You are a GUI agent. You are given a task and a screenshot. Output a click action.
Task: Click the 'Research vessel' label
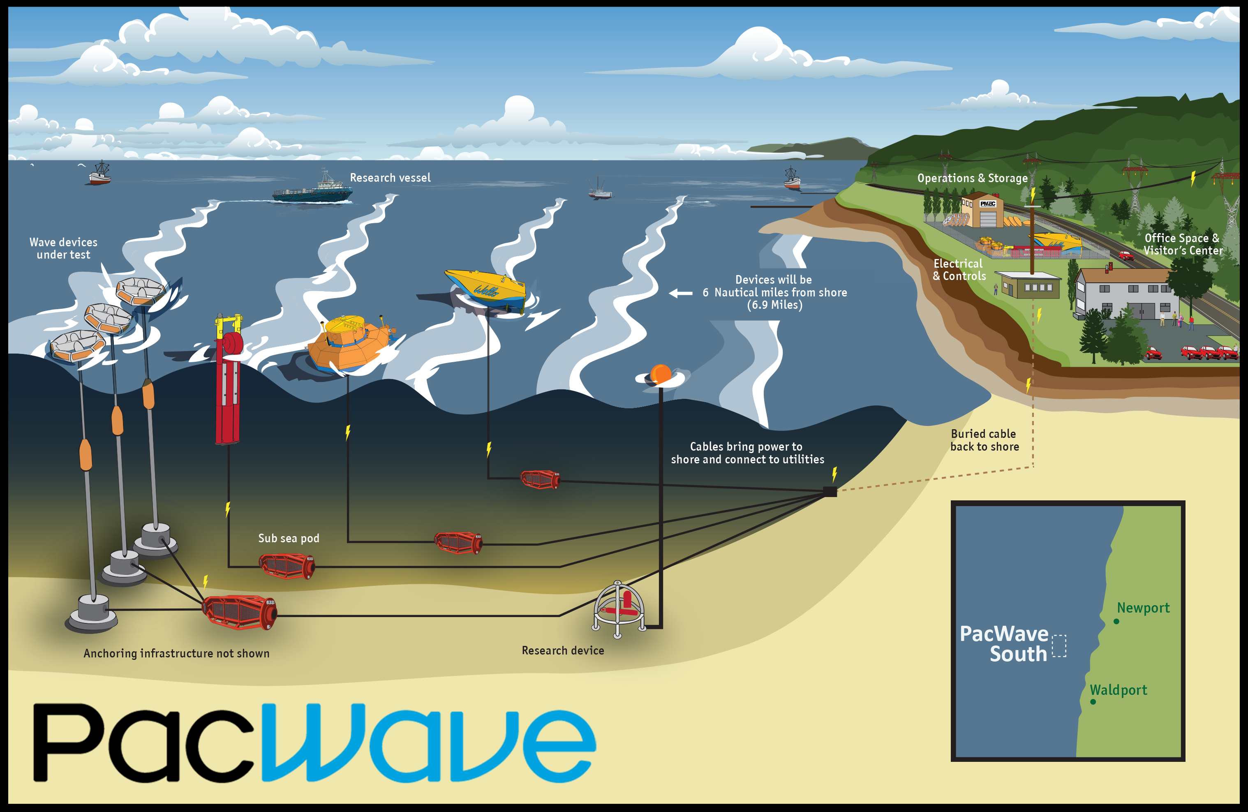390,178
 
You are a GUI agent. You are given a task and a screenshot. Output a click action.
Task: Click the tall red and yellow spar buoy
229,378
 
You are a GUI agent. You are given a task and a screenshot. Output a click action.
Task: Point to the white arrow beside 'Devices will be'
681,293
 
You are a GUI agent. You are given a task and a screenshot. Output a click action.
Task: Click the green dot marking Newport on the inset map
1116,622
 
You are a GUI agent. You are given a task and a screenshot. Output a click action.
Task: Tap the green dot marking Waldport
1093,702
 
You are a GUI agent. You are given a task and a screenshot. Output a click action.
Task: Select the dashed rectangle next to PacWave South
1059,646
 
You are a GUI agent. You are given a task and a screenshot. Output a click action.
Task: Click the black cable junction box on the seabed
830,491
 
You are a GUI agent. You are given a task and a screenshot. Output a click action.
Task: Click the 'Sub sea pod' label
289,538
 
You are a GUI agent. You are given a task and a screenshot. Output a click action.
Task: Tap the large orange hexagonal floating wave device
350,344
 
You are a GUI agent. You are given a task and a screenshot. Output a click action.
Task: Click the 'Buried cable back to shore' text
984,440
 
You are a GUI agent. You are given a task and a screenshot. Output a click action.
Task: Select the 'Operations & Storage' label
972,178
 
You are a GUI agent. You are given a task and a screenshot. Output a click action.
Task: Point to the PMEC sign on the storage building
988,204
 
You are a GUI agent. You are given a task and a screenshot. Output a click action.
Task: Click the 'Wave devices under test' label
63,248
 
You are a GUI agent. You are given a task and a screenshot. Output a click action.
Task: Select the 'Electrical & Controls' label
959,270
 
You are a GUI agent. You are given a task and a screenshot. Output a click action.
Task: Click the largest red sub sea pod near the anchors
240,612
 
